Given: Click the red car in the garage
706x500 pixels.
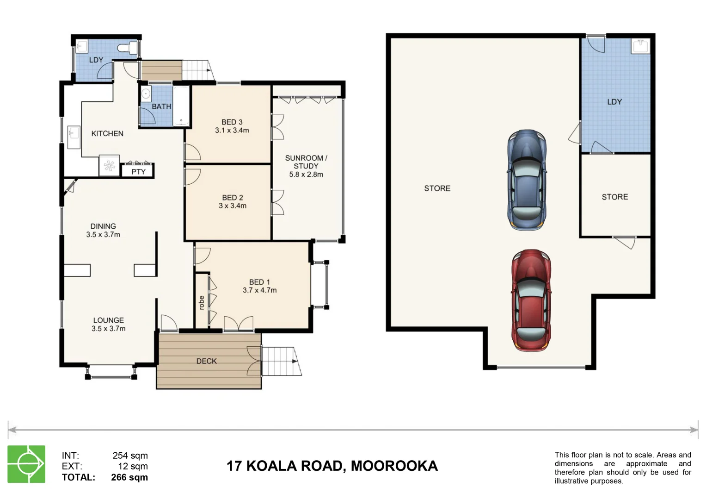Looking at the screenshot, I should [531, 300].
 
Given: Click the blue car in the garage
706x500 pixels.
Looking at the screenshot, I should [527, 180].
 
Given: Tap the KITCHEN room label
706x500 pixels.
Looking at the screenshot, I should [107, 133].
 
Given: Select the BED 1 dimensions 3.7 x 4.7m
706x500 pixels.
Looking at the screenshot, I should [259, 290].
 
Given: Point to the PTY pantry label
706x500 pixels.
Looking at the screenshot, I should [138, 172].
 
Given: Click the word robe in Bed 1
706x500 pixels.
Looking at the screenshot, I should [201, 302].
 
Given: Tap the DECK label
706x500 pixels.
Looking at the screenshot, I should [206, 361].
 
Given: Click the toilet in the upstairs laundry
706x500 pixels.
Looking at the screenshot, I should [127, 48].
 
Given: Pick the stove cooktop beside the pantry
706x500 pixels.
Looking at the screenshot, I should [110, 166].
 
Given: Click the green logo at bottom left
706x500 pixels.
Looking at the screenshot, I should [26, 464].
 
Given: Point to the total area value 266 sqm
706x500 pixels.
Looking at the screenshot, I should [129, 477].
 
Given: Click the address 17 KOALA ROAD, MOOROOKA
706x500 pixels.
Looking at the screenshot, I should [332, 466].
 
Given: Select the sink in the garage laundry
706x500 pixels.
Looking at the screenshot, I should [641, 46].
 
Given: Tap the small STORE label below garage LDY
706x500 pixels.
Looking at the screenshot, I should [614, 197].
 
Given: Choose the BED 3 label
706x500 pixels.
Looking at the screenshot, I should [232, 122].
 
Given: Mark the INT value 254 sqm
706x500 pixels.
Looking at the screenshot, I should [130, 456].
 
